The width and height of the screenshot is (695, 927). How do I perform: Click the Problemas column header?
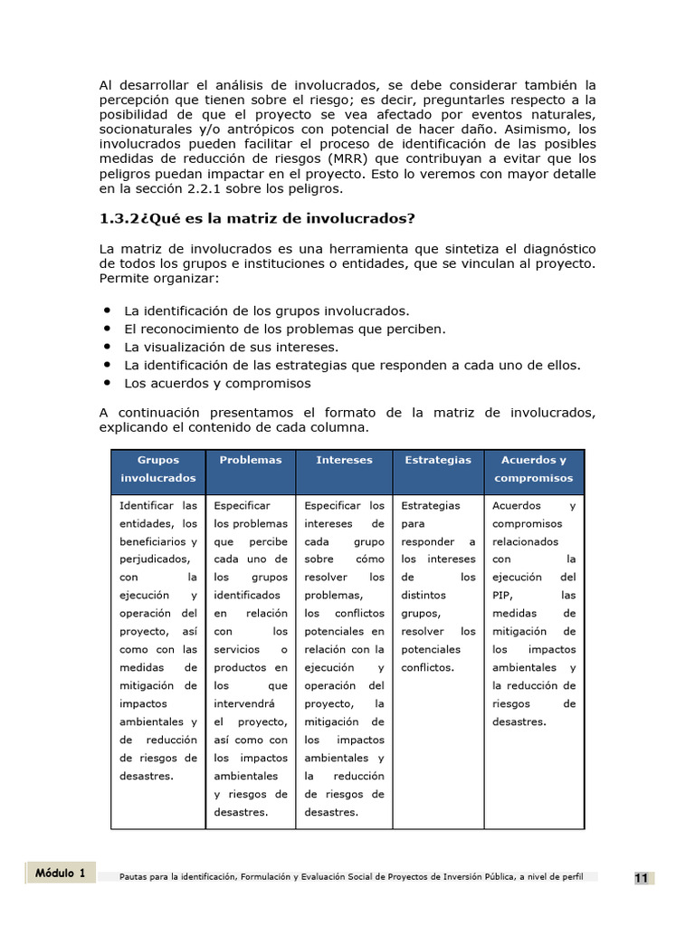[x=251, y=460]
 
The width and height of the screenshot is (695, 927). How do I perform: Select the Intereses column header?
[x=344, y=460]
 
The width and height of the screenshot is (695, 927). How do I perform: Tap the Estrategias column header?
[x=438, y=460]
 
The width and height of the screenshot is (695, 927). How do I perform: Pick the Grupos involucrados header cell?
[x=157, y=469]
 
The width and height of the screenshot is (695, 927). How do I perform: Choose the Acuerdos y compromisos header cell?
[x=534, y=469]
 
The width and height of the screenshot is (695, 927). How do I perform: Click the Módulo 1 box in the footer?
[x=61, y=873]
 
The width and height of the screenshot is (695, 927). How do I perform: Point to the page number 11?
[x=641, y=878]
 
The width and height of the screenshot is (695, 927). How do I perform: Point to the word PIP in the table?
[x=503, y=595]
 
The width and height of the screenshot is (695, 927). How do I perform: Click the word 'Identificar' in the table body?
[x=146, y=505]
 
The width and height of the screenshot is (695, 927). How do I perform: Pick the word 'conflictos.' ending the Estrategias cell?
[x=427, y=667]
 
